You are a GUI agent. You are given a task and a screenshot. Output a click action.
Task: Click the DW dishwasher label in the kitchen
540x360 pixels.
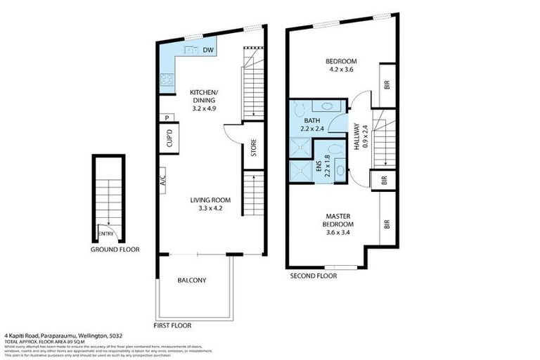(x=208, y=51)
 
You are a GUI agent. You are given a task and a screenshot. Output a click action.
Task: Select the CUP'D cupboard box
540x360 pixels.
(x=169, y=138)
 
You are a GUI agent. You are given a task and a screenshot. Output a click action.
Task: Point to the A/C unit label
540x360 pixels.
(x=162, y=179)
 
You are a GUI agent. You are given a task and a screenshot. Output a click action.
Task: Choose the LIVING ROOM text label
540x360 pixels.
(x=210, y=200)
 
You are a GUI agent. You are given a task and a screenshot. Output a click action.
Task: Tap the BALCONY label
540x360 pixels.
(x=191, y=281)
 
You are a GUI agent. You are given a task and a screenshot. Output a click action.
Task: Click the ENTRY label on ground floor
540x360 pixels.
(x=106, y=234)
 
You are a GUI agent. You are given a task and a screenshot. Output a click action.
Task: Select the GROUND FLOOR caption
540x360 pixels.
(x=115, y=250)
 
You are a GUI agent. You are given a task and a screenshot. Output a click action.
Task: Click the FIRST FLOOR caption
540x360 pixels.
(x=172, y=326)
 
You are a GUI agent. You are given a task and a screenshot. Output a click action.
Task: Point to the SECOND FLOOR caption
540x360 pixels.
(x=314, y=276)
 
